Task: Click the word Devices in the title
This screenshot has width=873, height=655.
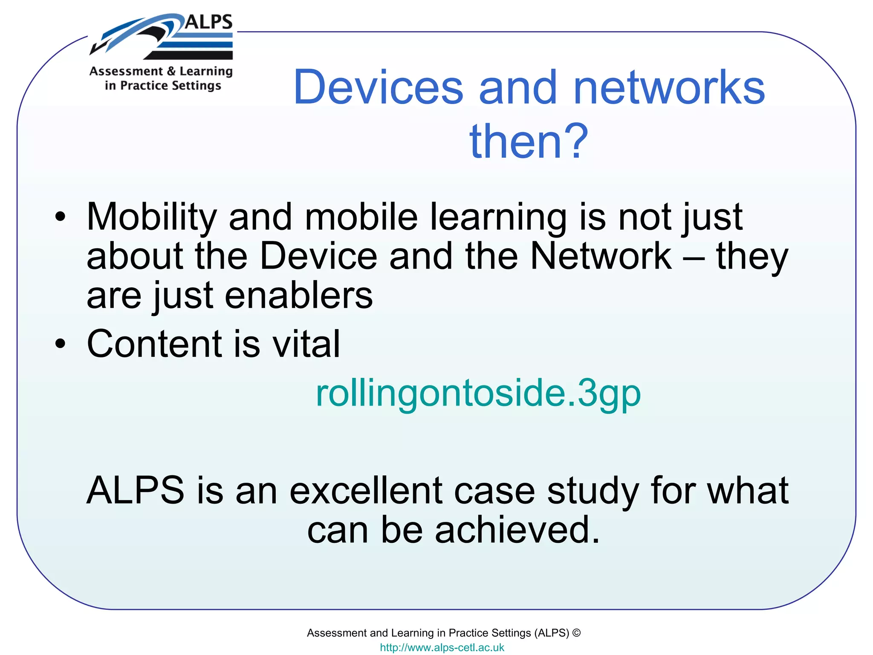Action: pos(379,87)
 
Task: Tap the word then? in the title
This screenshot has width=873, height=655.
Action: pos(529,141)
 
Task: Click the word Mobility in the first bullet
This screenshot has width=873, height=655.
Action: pos(152,217)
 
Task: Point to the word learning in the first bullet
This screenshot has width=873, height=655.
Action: pos(498,217)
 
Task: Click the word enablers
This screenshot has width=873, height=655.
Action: pos(299,296)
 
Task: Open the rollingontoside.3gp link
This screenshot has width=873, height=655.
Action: pos(478,393)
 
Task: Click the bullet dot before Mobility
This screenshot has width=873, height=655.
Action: pos(61,217)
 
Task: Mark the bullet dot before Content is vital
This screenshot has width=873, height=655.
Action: pos(61,344)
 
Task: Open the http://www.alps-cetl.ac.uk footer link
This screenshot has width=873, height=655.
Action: pos(442,647)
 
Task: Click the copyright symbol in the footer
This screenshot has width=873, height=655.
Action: pos(576,633)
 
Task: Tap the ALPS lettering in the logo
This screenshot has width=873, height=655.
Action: pos(209,22)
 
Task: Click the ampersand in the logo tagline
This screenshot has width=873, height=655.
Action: pos(171,71)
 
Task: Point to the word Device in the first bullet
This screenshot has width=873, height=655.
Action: pos(318,256)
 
